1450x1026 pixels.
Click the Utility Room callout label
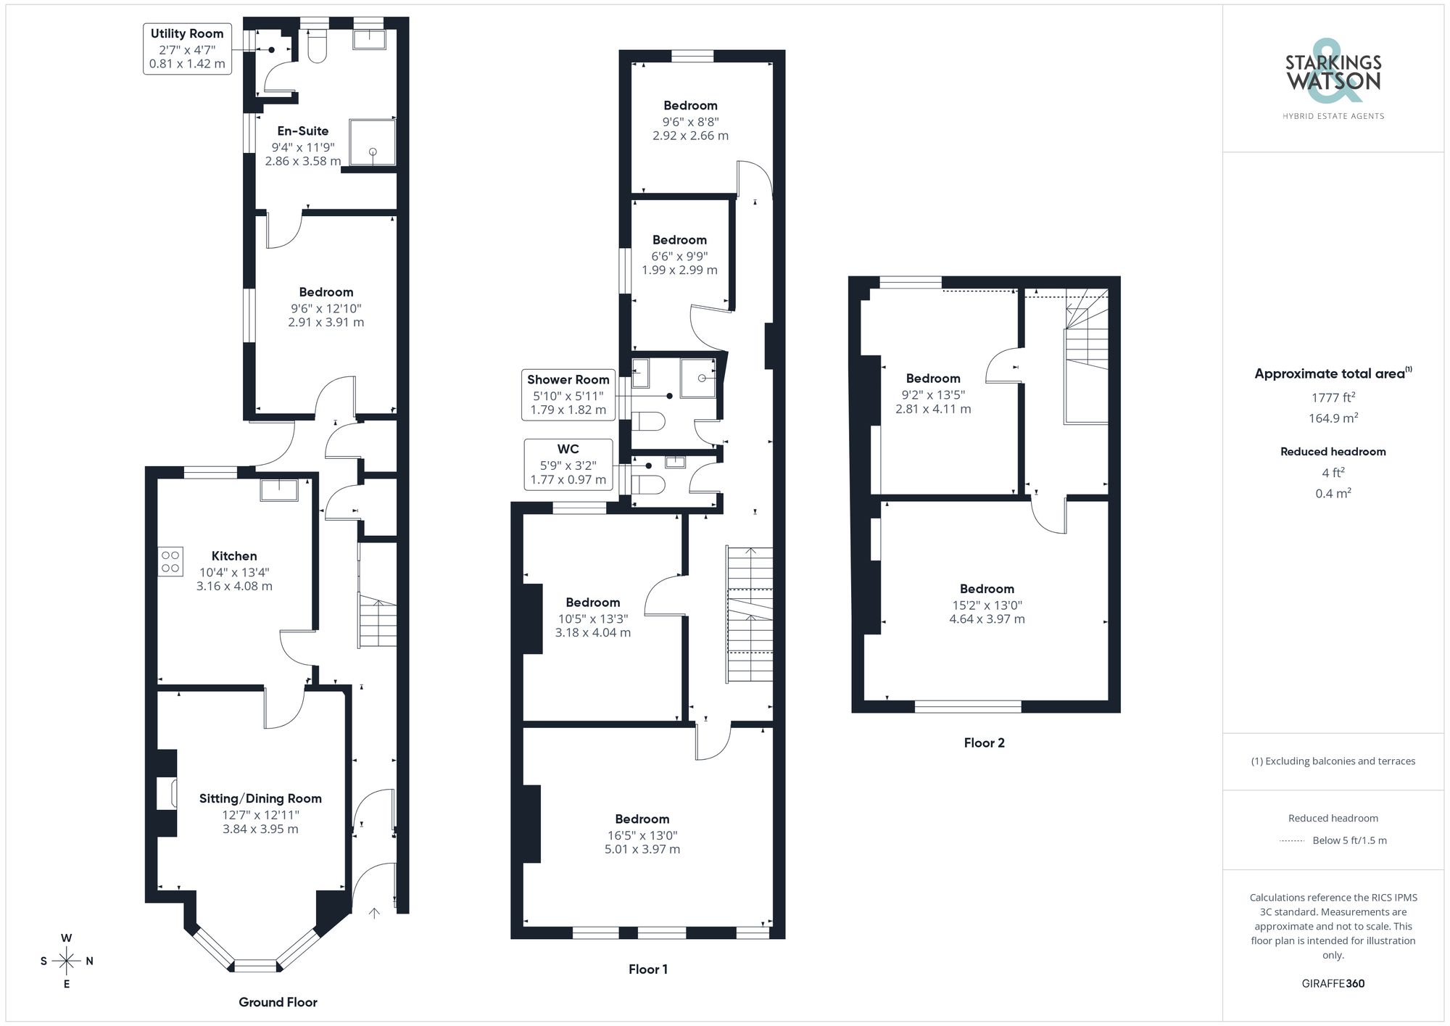click(x=187, y=49)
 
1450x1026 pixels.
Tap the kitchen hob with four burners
click(x=171, y=561)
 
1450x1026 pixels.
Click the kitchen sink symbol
click(x=279, y=490)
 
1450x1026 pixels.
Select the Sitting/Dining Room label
click(x=260, y=798)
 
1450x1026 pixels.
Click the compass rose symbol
click(x=67, y=961)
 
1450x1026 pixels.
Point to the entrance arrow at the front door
click(x=374, y=913)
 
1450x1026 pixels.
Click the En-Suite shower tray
click(x=373, y=142)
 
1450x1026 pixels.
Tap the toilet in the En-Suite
click(x=318, y=47)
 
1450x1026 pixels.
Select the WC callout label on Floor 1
click(x=568, y=464)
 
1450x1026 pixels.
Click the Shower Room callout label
click(x=568, y=394)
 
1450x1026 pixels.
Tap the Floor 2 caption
click(x=984, y=742)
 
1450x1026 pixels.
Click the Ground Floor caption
click(x=278, y=1002)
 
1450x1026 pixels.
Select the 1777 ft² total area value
click(x=1333, y=397)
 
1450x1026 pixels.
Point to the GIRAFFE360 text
click(x=1333, y=983)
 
